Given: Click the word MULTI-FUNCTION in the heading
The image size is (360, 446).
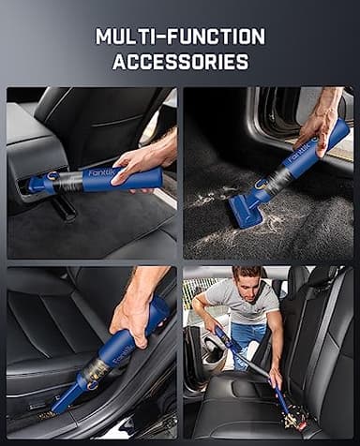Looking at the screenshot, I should tap(180, 37).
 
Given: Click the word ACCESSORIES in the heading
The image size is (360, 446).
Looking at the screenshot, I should tap(180, 63).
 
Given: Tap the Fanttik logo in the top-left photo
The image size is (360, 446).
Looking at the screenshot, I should tap(99, 172).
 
